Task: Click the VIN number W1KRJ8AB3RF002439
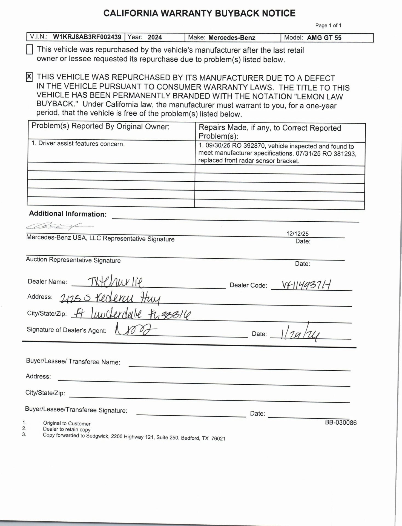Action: click(x=87, y=37)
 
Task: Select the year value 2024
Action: click(x=155, y=37)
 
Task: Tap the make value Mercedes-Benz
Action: click(x=232, y=38)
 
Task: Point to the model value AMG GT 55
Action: click(x=324, y=38)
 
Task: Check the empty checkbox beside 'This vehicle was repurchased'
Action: click(x=30, y=50)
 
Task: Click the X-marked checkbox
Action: click(x=29, y=77)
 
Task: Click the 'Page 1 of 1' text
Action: click(x=328, y=25)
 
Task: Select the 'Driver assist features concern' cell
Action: click(x=78, y=144)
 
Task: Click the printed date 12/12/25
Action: click(x=297, y=234)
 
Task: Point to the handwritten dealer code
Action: click(x=306, y=286)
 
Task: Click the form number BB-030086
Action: click(x=341, y=422)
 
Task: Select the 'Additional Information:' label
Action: click(x=68, y=214)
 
